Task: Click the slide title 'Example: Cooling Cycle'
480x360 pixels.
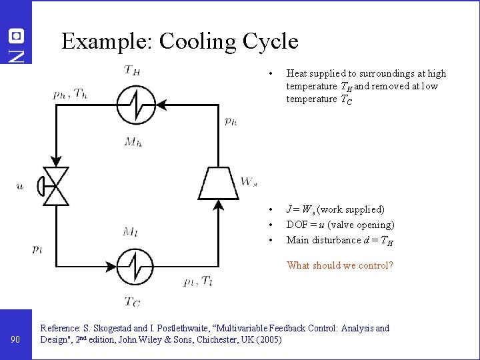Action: click(x=179, y=41)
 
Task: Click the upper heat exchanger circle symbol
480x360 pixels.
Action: click(x=136, y=105)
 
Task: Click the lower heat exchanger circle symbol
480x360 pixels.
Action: click(x=136, y=265)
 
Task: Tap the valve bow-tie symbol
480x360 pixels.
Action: click(x=56, y=186)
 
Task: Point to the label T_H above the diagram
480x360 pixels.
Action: click(x=131, y=70)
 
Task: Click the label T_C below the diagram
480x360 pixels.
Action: click(x=133, y=301)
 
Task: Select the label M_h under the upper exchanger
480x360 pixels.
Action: click(x=133, y=141)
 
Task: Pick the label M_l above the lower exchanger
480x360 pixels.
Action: click(x=131, y=231)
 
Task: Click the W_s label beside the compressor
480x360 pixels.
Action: click(x=249, y=181)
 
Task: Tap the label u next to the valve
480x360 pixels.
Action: click(x=20, y=186)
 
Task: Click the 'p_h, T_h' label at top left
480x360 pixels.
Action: click(x=71, y=94)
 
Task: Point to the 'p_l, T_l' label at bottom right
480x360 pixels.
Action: click(x=198, y=281)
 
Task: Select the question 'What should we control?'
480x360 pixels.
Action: click(x=339, y=265)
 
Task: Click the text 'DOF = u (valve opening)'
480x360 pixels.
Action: click(x=340, y=225)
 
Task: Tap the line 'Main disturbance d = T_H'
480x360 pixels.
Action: click(x=339, y=240)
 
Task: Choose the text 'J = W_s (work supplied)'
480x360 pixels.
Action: click(x=335, y=209)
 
